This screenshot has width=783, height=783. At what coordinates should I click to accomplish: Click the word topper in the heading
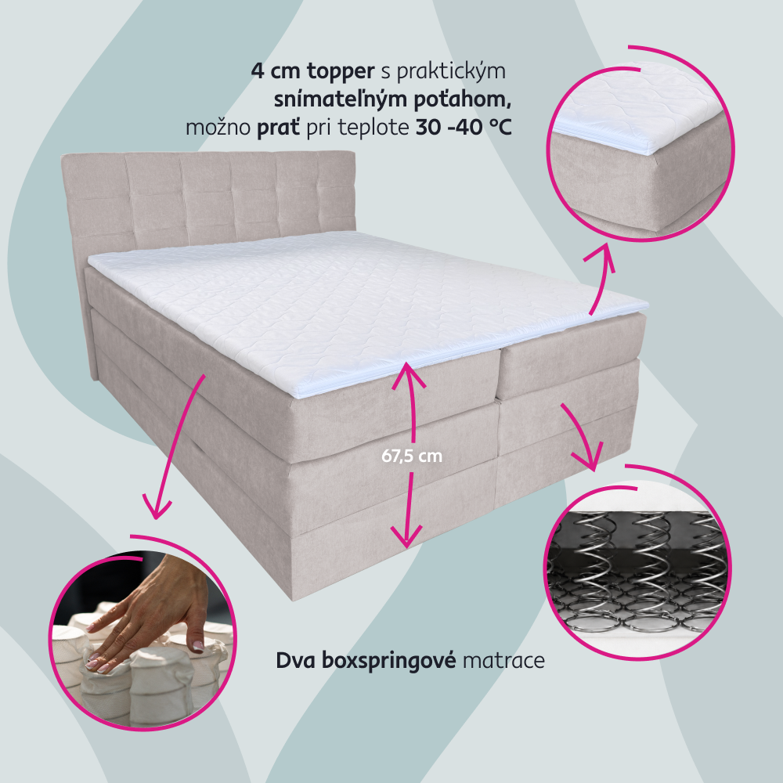tap(341, 71)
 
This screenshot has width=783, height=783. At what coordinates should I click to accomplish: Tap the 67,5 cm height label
tap(412, 456)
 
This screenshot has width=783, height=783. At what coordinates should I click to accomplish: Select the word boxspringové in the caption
tap(388, 661)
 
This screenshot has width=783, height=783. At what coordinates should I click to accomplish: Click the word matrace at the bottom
tap(503, 661)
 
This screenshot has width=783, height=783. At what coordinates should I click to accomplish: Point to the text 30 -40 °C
tap(464, 128)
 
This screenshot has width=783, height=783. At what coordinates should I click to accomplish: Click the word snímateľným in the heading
tap(334, 100)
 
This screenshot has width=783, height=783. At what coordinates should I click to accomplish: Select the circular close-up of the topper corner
tap(640, 145)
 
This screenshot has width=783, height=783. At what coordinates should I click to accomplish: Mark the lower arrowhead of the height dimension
tap(406, 536)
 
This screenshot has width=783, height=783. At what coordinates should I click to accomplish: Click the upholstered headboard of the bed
tap(207, 200)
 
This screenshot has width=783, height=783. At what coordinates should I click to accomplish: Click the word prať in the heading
tap(278, 128)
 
